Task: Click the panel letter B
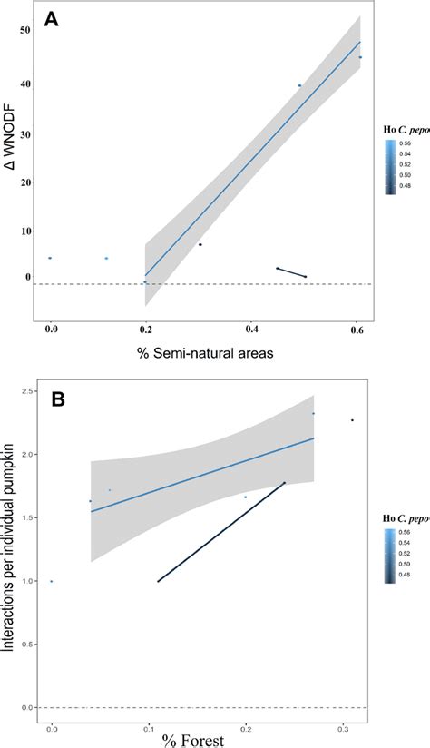point(59,400)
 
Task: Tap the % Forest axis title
point(195,740)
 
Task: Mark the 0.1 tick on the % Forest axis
point(149,727)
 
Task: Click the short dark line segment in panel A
point(291,271)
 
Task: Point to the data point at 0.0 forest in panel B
point(52,581)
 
